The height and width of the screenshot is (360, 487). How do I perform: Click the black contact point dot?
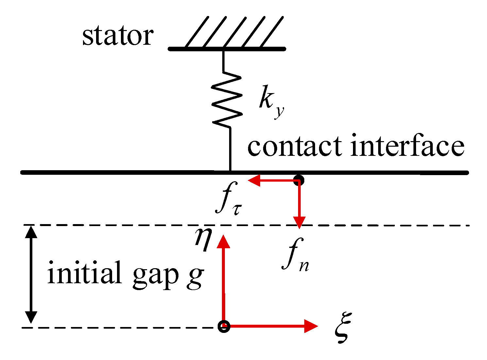pyautogui.click(x=298, y=180)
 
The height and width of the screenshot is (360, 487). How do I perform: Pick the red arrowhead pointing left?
pyautogui.click(x=254, y=180)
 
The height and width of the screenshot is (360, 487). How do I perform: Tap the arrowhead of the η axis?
pyautogui.click(x=224, y=241)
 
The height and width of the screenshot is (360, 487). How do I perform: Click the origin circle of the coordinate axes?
pyautogui.click(x=224, y=326)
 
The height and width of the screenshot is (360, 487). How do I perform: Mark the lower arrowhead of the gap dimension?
pyautogui.click(x=31, y=317)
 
